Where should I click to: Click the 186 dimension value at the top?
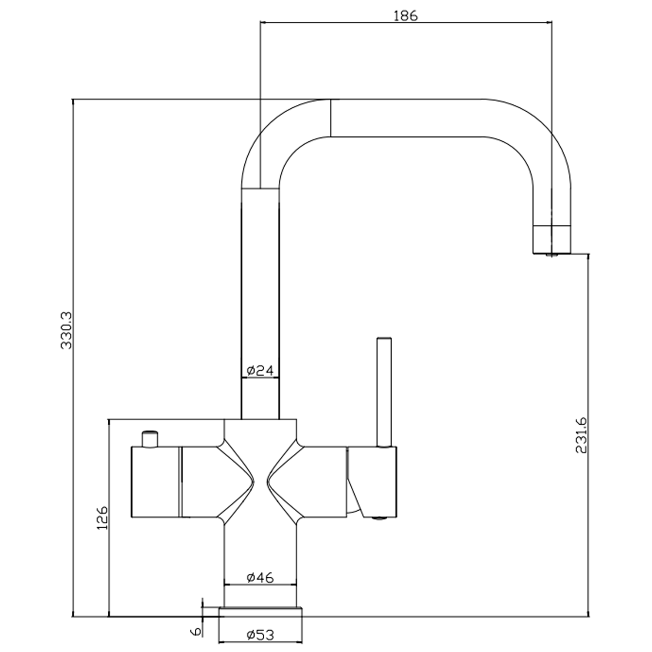coord(405,16)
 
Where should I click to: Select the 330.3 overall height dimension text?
coord(67,330)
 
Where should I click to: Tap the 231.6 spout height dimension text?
coord(581,435)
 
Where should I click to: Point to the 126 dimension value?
coord(103,517)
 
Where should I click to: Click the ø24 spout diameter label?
coord(260,370)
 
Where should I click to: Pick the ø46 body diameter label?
coord(260,578)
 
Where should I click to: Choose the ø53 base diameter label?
coord(260,635)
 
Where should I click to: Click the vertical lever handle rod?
coord(384,392)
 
